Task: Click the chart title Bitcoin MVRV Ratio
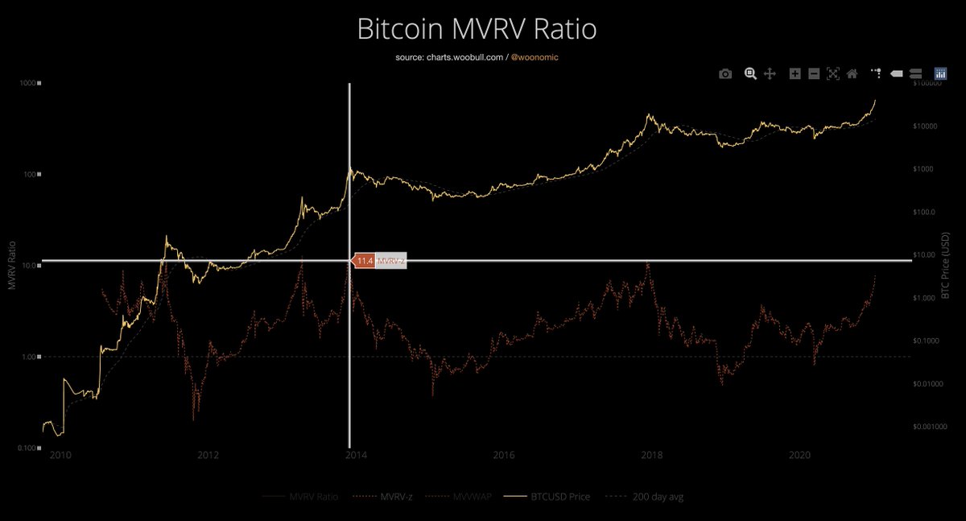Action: pos(477,30)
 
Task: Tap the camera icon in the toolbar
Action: pos(725,73)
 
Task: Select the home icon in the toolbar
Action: pos(852,73)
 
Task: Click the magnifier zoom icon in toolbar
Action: pos(750,73)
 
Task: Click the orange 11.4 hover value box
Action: pos(364,261)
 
